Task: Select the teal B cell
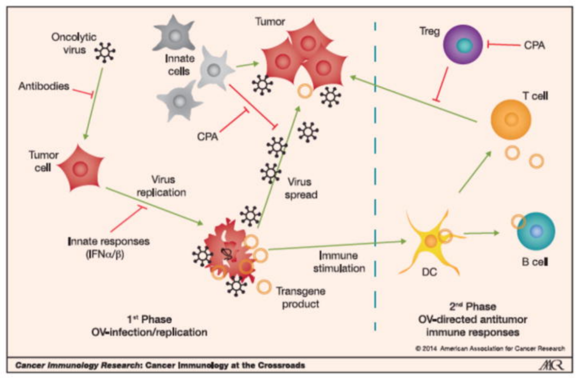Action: click(x=535, y=231)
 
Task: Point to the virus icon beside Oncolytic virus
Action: click(x=105, y=52)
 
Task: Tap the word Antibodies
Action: click(x=44, y=86)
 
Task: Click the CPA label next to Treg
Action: click(x=534, y=45)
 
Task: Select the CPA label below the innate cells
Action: click(x=207, y=136)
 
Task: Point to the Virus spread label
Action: click(x=301, y=188)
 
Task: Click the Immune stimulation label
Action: click(x=342, y=261)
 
